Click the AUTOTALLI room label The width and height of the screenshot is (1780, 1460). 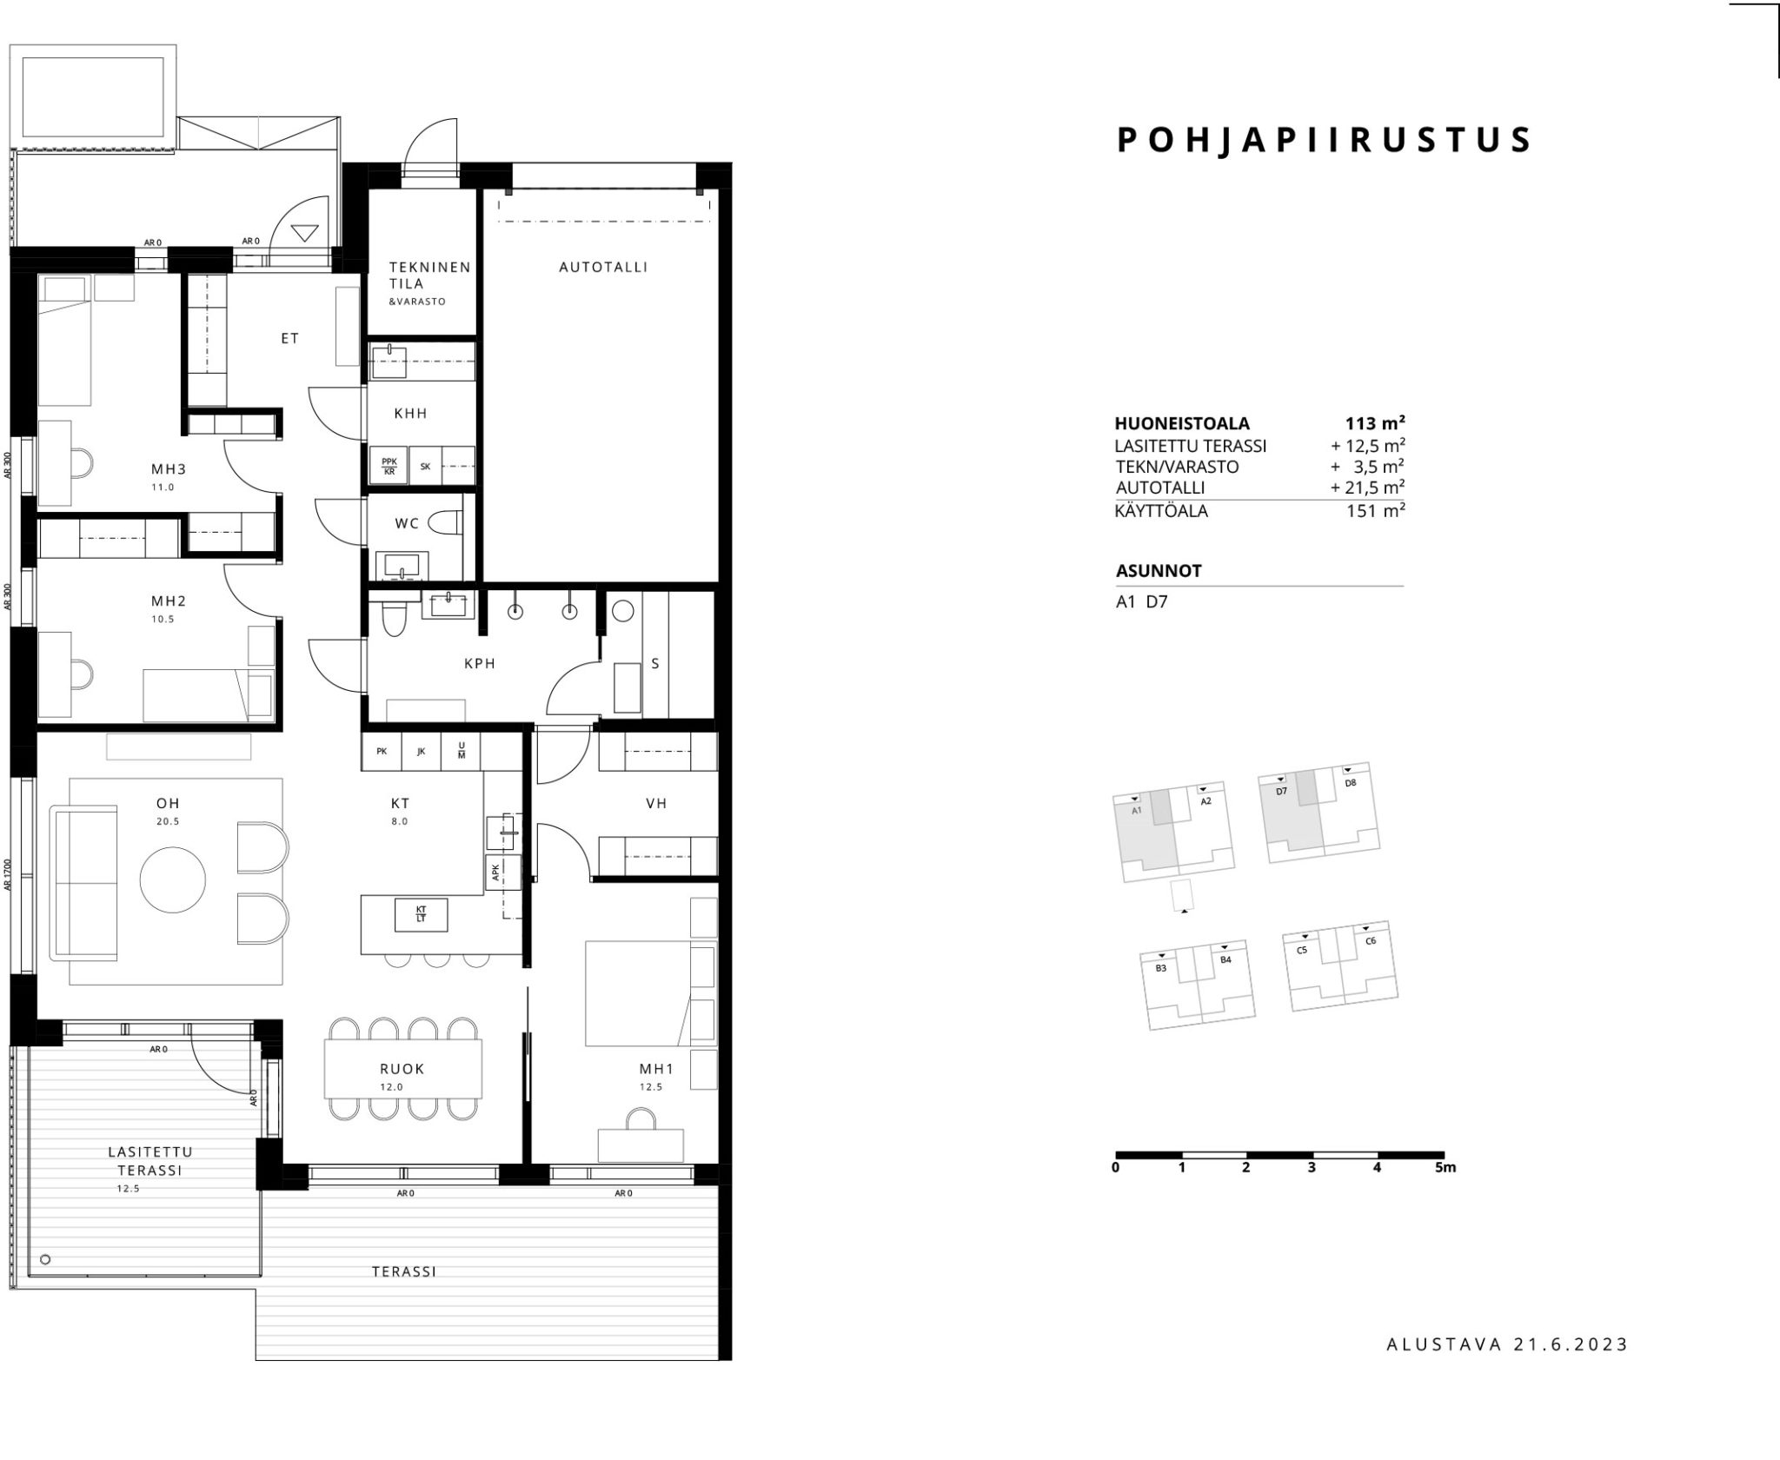(603, 268)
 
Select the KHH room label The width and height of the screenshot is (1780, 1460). (411, 414)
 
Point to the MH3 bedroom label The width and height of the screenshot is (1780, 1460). (169, 469)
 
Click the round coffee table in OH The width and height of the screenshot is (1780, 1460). (173, 880)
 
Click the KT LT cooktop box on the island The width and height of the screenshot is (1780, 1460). (422, 914)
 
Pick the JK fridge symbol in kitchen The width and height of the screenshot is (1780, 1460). (422, 752)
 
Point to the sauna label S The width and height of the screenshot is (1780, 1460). (655, 664)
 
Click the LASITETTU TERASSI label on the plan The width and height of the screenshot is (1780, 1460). (150, 1161)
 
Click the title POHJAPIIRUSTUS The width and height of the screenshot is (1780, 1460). (1324, 140)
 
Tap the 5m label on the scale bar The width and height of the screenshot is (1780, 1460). (1445, 1167)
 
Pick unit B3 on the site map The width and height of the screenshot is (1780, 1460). (1160, 968)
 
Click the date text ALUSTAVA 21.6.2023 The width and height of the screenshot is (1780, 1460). (1507, 1369)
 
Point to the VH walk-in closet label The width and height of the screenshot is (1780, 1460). (656, 804)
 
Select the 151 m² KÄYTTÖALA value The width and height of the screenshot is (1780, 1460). (1376, 511)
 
